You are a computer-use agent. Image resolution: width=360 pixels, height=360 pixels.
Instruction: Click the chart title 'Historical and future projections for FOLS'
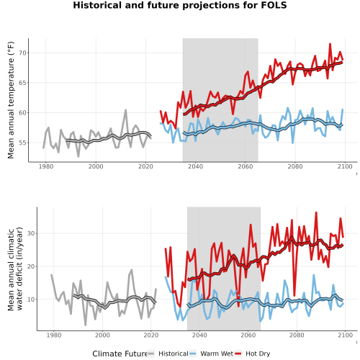[x=180, y=5]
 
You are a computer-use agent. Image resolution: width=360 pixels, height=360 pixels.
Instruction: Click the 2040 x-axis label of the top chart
[x=195, y=166]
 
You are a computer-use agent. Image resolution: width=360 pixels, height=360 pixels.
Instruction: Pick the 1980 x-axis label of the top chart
[x=46, y=166]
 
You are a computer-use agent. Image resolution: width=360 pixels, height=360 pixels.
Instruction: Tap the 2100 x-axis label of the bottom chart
[x=345, y=335]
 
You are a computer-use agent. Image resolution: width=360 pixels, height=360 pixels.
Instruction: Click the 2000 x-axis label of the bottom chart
[x=102, y=335]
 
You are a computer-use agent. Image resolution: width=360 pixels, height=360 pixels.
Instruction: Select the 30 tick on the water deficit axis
[x=31, y=233]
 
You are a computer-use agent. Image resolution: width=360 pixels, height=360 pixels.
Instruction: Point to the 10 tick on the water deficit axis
[x=31, y=300]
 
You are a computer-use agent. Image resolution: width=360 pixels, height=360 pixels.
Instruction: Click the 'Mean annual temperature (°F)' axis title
[x=11, y=100]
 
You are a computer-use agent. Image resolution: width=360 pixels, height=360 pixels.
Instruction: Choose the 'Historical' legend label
[x=174, y=354]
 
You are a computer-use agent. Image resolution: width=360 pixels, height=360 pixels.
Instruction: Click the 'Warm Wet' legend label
[x=217, y=354]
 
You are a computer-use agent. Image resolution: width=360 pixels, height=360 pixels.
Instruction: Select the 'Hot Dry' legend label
[x=258, y=354]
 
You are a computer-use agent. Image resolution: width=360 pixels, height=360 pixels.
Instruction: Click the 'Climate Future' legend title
[x=120, y=354]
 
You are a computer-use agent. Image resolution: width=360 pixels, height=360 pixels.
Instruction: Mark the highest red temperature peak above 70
[x=330, y=44]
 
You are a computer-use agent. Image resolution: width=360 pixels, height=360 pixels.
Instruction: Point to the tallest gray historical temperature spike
[x=125, y=110]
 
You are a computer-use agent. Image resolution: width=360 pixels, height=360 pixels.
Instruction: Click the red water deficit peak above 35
[x=316, y=212]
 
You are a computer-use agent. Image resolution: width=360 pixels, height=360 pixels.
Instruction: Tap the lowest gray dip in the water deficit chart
[x=86, y=325]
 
